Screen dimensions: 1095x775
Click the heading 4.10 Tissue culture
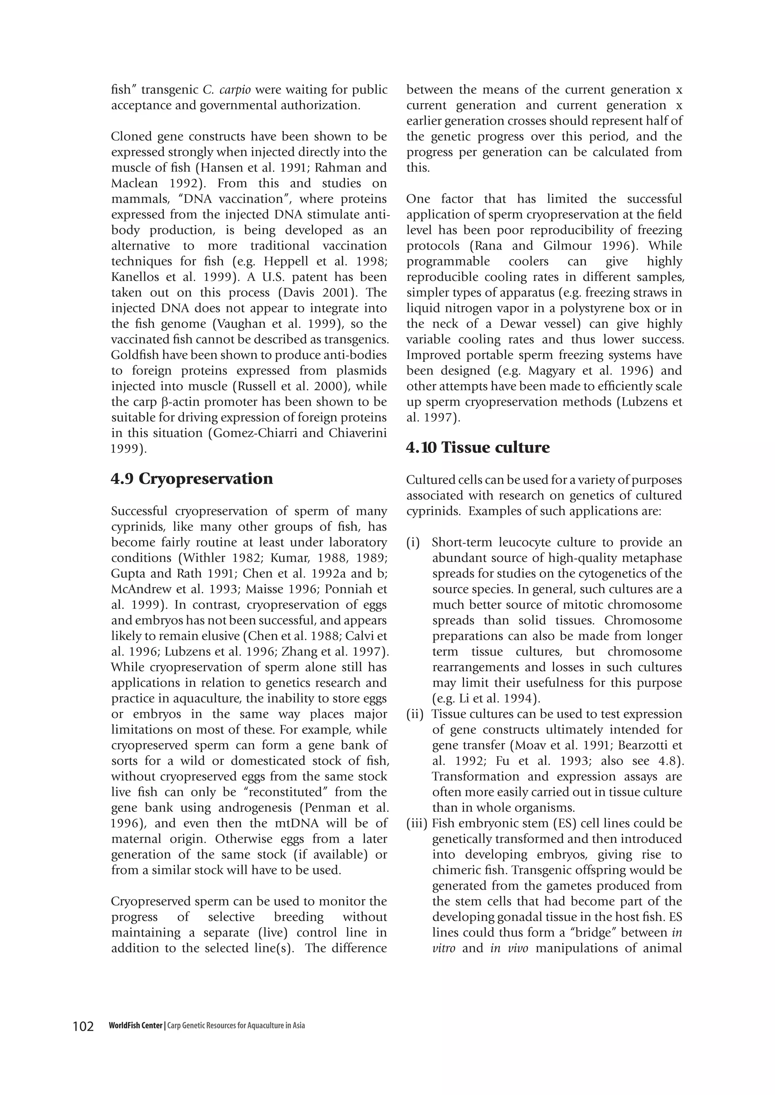(x=478, y=447)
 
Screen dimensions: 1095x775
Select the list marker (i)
(x=413, y=542)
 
